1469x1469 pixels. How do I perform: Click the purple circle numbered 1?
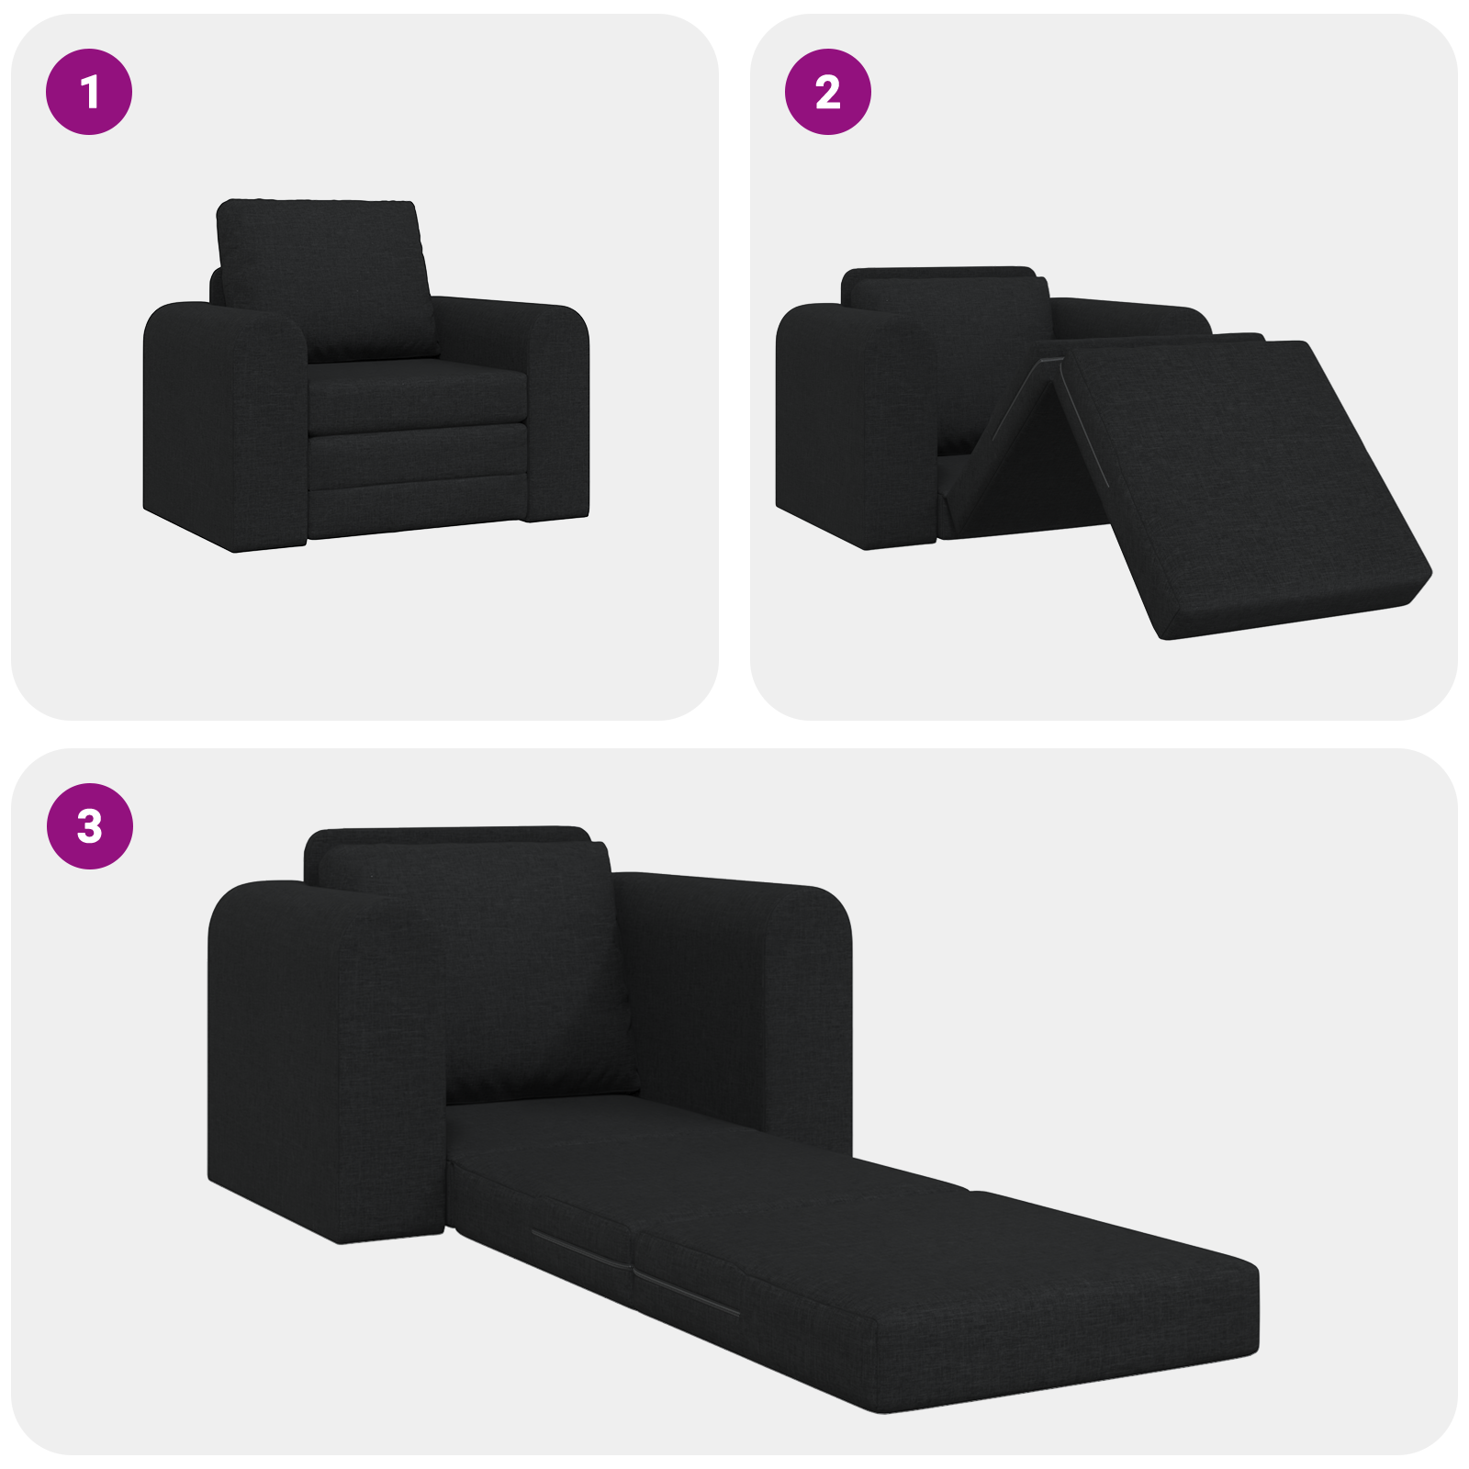tap(89, 92)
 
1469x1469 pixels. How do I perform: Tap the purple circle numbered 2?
tap(827, 92)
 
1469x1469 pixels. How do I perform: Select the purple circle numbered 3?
tap(89, 825)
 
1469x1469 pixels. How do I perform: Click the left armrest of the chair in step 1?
tap(225, 422)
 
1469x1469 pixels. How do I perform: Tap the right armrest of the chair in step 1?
tap(555, 404)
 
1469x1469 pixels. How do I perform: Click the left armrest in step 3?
tap(321, 1056)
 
